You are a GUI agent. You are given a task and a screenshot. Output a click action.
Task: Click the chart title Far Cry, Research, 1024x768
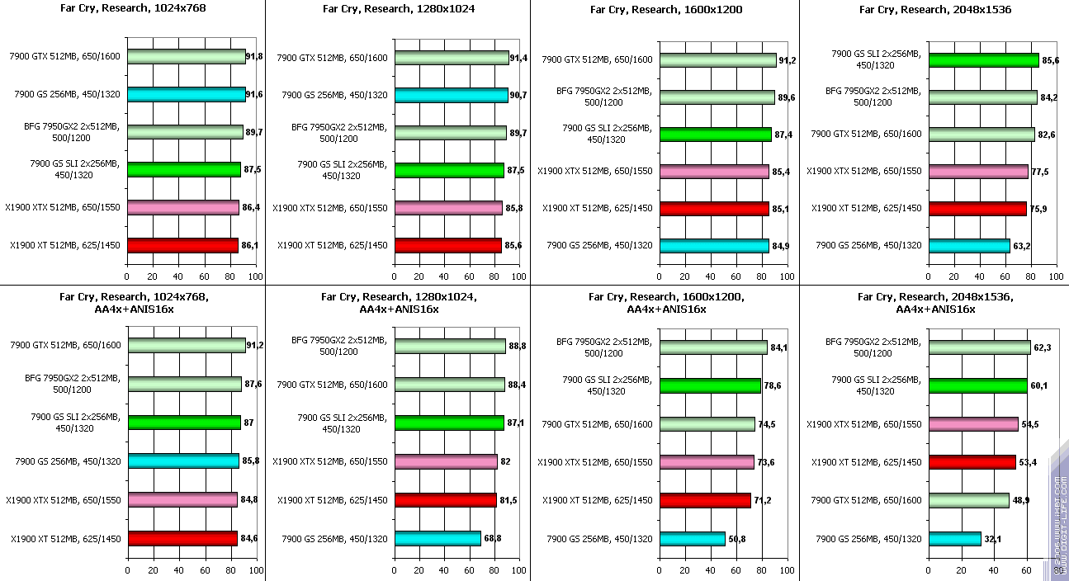pyautogui.click(x=132, y=9)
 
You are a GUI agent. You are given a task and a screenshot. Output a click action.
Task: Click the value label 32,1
pyautogui.click(x=992, y=539)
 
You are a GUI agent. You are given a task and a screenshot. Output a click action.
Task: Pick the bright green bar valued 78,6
pyautogui.click(x=710, y=385)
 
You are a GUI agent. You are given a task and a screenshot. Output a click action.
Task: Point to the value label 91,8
pyautogui.click(x=258, y=57)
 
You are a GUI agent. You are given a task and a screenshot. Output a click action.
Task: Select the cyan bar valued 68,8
pyautogui.click(x=438, y=539)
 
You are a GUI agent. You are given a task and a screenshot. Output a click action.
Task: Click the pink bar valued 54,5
pyautogui.click(x=973, y=424)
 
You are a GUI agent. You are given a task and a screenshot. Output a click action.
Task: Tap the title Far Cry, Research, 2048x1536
pyautogui.click(x=934, y=9)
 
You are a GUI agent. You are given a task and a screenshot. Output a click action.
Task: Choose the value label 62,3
pyautogui.click(x=1043, y=347)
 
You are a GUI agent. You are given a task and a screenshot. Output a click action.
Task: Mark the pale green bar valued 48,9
pyautogui.click(x=969, y=500)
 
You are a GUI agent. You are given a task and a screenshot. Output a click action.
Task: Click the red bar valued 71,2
pyautogui.click(x=705, y=500)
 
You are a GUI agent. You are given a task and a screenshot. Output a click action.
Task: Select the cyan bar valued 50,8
pyautogui.click(x=692, y=539)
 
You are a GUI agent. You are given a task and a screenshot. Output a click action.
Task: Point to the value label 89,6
pyautogui.click(x=786, y=97)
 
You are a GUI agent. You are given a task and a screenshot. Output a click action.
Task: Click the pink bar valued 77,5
pyautogui.click(x=978, y=171)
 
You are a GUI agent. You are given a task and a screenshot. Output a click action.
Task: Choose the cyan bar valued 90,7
pyautogui.click(x=452, y=95)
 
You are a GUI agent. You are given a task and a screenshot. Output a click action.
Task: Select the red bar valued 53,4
pyautogui.click(x=972, y=462)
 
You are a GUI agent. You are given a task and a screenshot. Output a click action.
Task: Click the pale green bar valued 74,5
pyautogui.click(x=707, y=424)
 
